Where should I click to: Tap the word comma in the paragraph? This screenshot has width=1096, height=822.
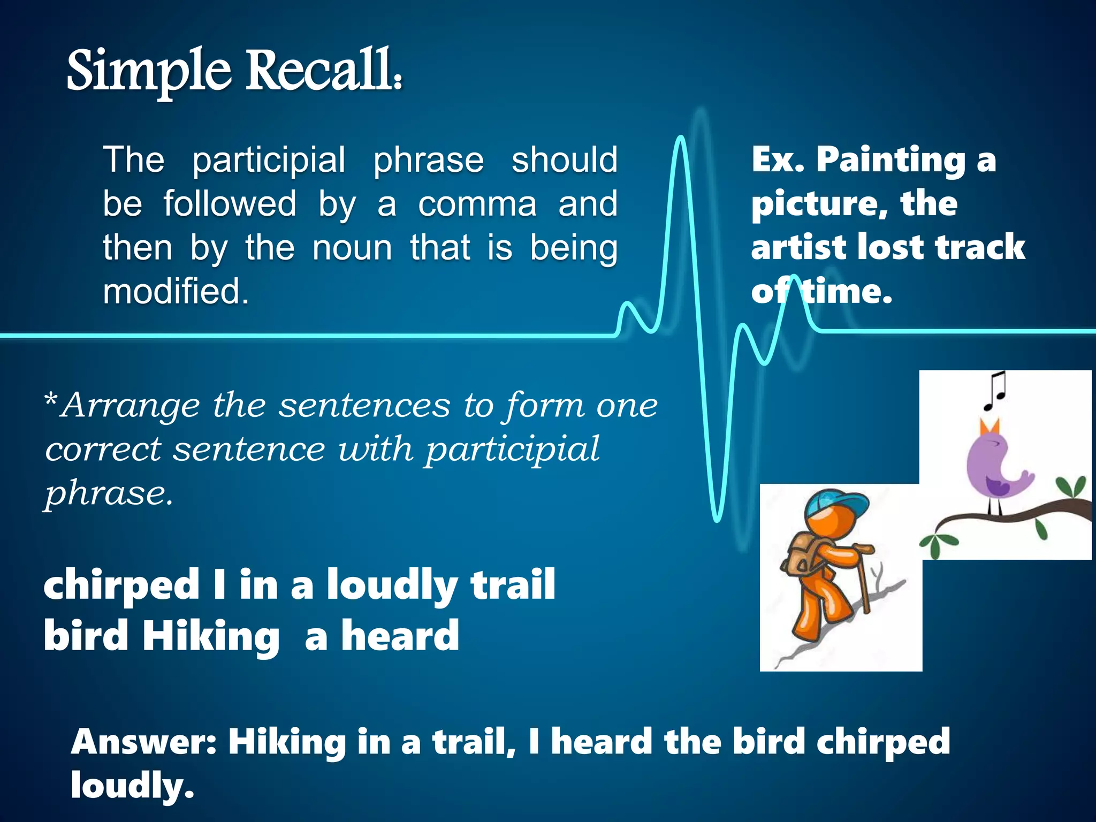point(477,204)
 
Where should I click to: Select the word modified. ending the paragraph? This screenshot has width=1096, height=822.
point(176,292)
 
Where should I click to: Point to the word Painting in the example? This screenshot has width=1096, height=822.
point(890,160)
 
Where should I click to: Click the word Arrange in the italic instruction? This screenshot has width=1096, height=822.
point(131,405)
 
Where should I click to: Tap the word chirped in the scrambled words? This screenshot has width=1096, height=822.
point(121,585)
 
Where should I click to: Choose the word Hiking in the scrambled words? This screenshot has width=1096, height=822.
point(210,636)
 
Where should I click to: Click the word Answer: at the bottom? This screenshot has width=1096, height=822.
point(143,742)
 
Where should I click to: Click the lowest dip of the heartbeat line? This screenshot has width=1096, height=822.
point(717,518)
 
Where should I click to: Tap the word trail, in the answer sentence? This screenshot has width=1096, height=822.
point(474,742)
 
